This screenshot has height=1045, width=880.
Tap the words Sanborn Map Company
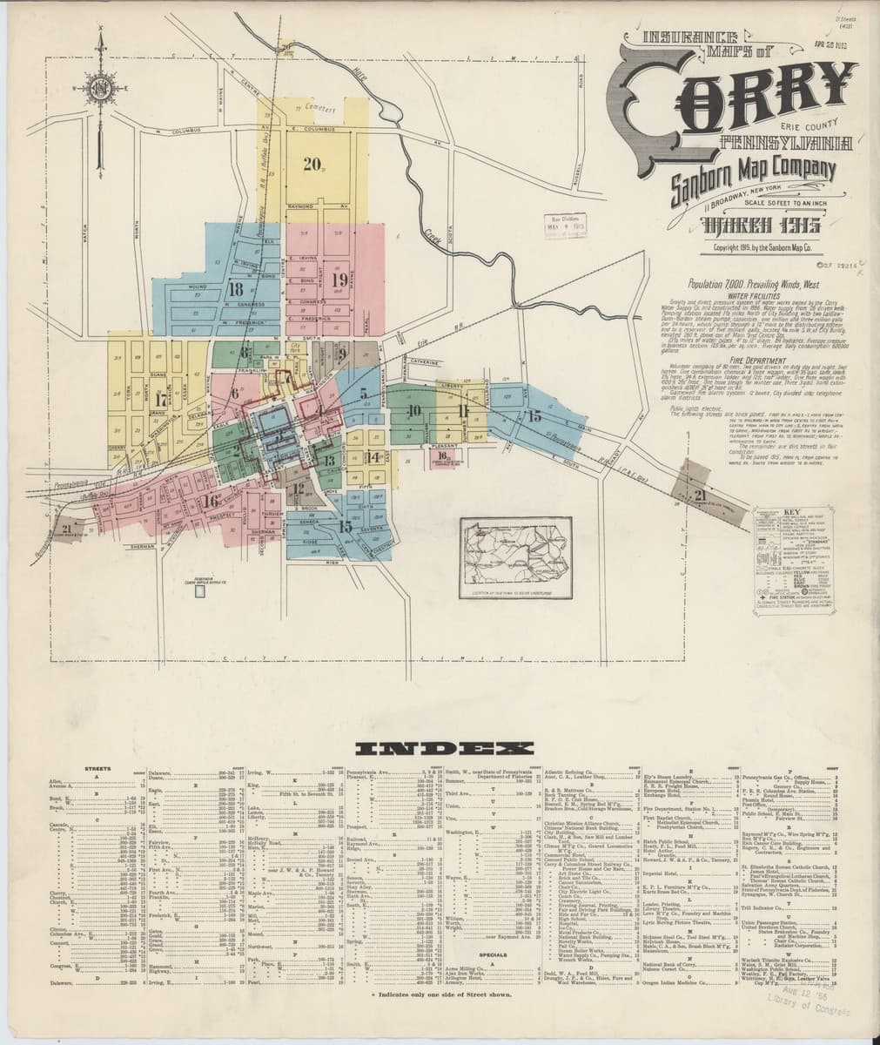(x=754, y=177)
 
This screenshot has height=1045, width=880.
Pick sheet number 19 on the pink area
(x=340, y=279)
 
